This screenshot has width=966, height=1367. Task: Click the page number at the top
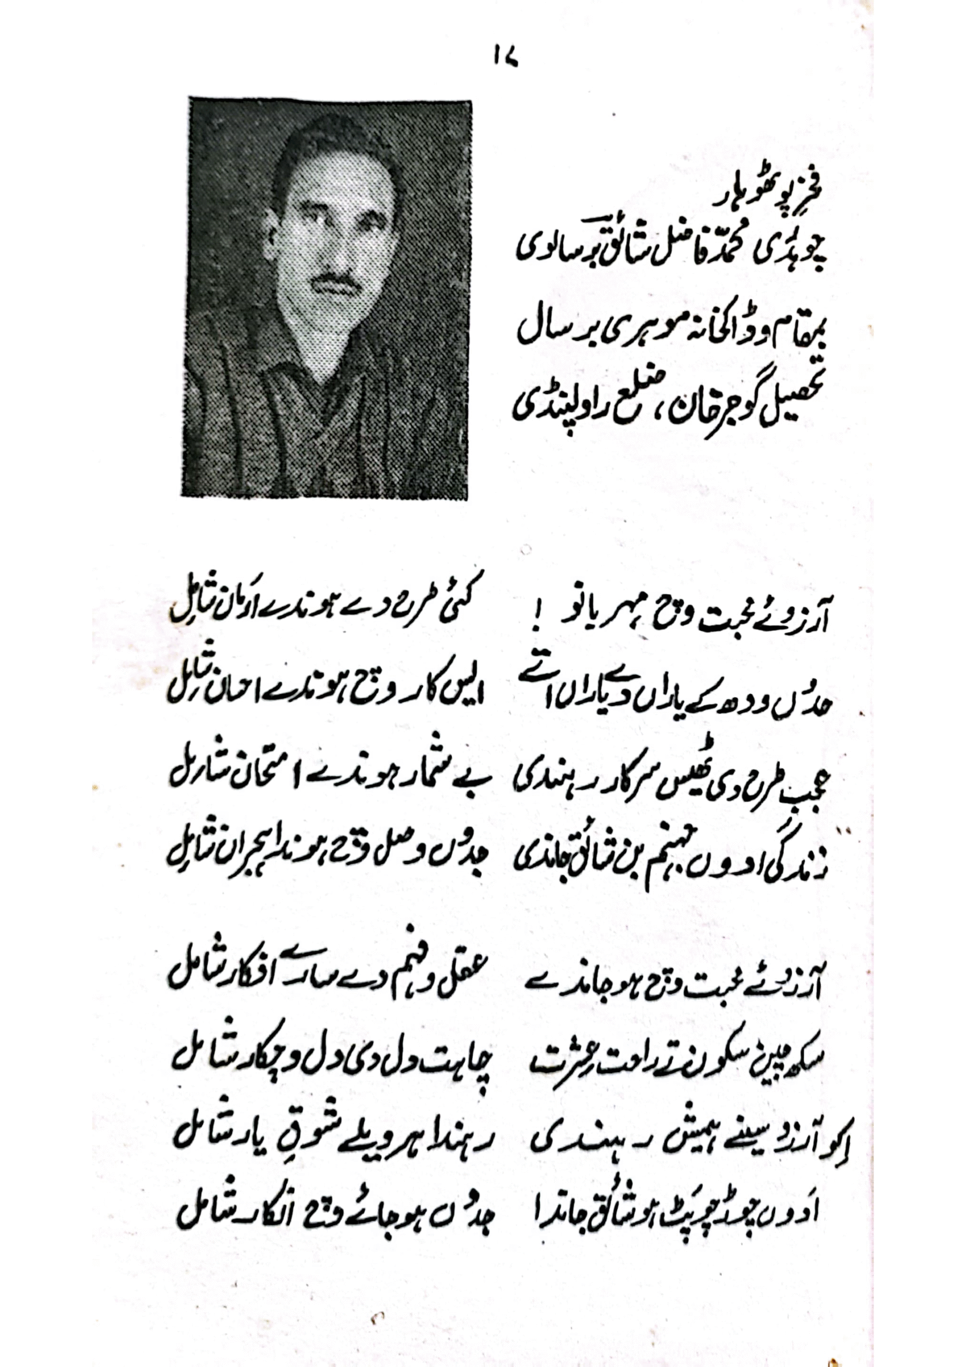click(506, 58)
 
